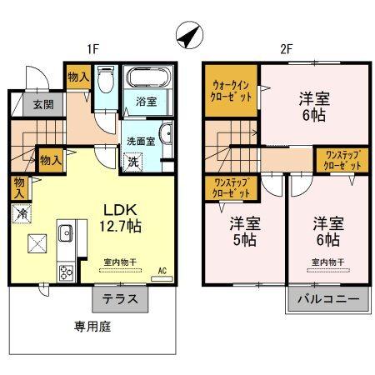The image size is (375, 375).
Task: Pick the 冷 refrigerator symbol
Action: [x=20, y=213]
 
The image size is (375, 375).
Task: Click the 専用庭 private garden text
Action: [x=88, y=327]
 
